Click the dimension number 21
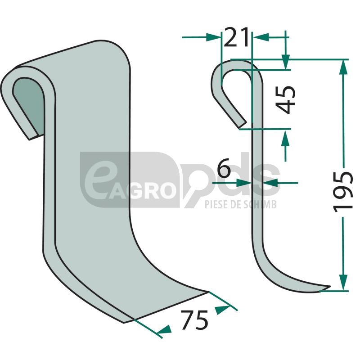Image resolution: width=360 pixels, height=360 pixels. pyautogui.click(x=236, y=37)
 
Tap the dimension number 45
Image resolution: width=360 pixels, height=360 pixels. pyautogui.click(x=285, y=99)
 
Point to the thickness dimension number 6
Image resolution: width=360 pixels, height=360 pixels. pyautogui.click(x=224, y=167)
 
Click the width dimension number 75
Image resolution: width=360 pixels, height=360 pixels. pyautogui.click(x=194, y=320)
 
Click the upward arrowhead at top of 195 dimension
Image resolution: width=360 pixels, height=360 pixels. pyautogui.click(x=343, y=67)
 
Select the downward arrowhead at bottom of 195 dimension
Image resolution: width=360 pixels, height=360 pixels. pyautogui.click(x=343, y=283)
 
